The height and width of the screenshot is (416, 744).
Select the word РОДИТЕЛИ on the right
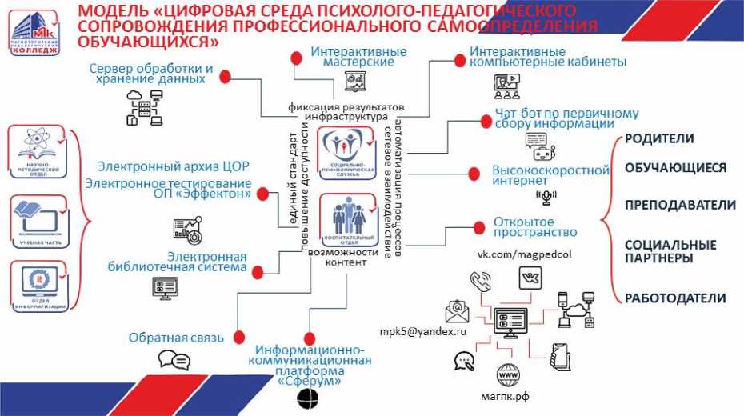[658, 138]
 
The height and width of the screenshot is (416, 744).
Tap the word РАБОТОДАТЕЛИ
[674, 298]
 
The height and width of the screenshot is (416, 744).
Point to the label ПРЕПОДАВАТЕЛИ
[680, 205]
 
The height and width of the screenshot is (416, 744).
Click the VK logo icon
[530, 278]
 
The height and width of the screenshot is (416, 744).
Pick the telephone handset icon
[481, 282]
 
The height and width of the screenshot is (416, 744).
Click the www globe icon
[508, 374]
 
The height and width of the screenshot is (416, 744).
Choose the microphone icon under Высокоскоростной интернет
[547, 197]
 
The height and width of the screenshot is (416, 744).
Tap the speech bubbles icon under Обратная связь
[174, 360]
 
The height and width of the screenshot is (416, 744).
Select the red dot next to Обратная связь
[238, 337]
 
